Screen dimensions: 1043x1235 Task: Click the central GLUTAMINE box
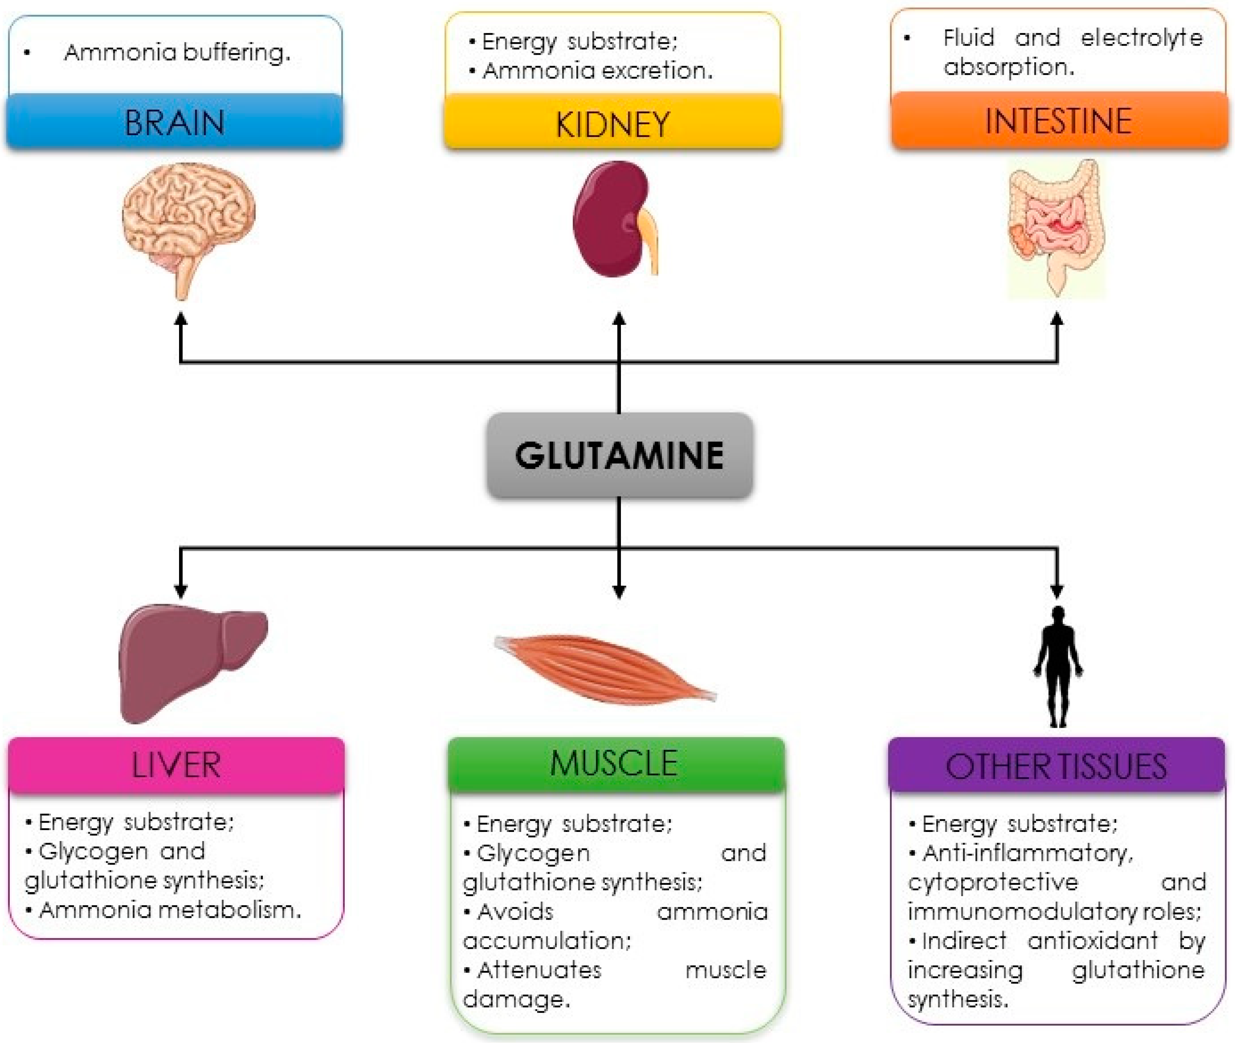[619, 455]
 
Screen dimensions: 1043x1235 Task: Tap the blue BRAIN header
[174, 122]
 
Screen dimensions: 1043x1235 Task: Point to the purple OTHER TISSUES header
[1056, 766]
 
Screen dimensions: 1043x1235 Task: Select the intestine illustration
[1055, 228]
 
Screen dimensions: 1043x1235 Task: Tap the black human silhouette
[1058, 665]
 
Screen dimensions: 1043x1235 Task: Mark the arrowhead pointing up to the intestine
[1057, 319]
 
